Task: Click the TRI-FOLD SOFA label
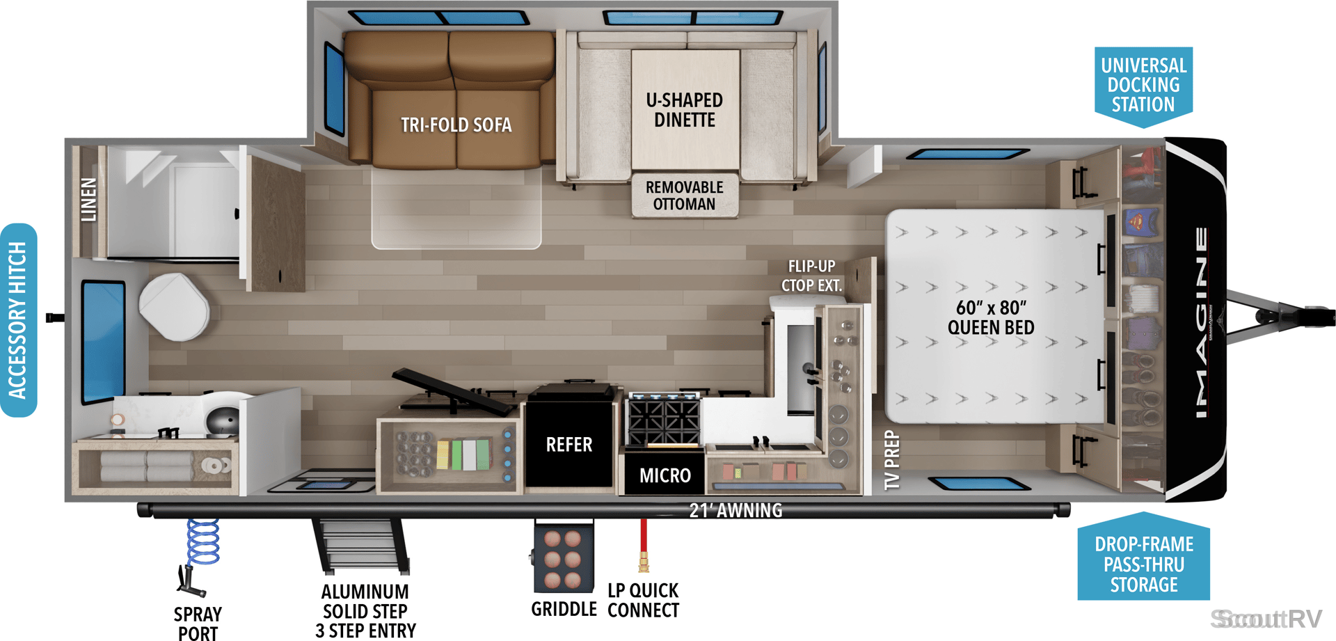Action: click(456, 125)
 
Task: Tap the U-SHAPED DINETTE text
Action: click(685, 110)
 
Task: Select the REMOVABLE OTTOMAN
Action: click(685, 196)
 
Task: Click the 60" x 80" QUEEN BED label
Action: click(991, 317)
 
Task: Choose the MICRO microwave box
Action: click(665, 472)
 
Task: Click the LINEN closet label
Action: click(88, 200)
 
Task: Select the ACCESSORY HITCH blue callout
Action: click(18, 320)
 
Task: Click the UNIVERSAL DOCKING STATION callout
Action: click(1143, 85)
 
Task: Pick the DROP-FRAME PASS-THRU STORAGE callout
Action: click(1143, 560)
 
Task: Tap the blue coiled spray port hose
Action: click(203, 541)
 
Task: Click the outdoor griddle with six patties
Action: click(563, 558)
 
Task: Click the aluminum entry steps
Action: click(361, 546)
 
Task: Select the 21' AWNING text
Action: click(735, 510)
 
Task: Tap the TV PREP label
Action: click(892, 460)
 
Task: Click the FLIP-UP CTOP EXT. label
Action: click(811, 276)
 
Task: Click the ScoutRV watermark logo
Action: click(1266, 619)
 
